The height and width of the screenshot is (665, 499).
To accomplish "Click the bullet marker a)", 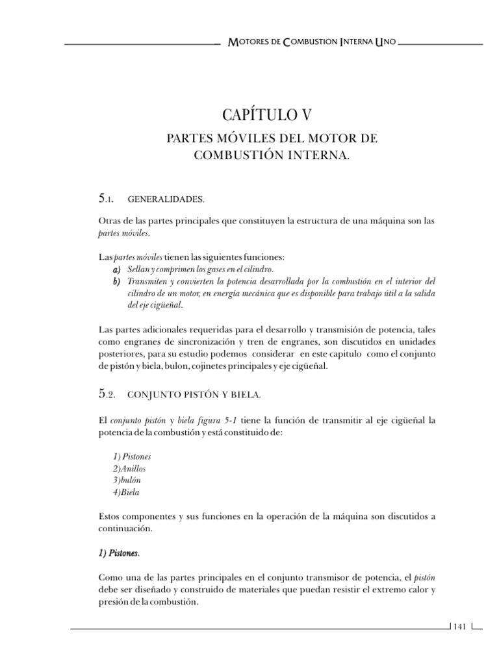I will coord(117,269).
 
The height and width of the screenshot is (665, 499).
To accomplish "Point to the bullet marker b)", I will coord(117,281).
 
